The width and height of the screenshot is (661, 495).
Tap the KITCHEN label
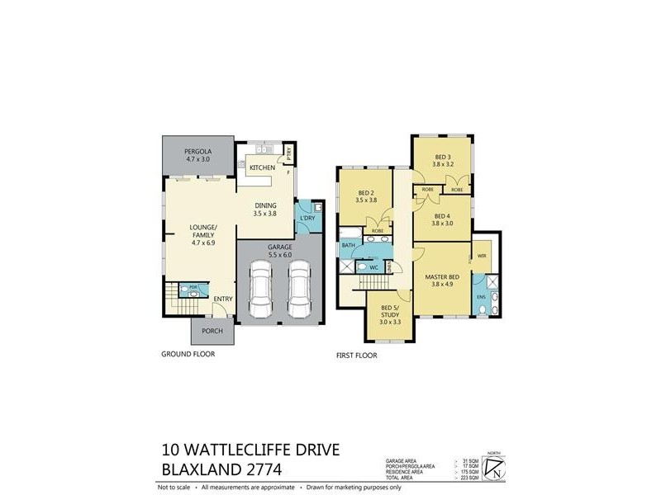(262, 168)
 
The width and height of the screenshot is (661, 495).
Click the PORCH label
(212, 333)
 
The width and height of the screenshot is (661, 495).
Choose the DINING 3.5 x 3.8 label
(266, 210)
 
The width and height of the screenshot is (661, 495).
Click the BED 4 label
(444, 219)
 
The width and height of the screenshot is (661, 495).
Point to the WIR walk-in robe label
(481, 257)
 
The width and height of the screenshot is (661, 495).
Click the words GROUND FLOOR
(188, 354)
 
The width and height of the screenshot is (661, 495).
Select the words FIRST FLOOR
(358, 356)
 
